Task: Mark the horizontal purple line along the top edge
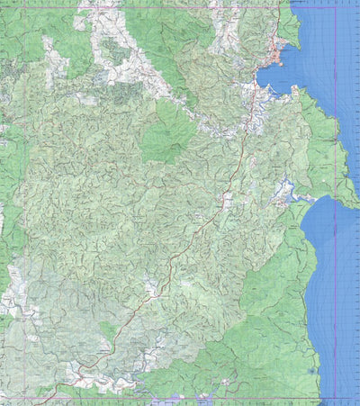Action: coord(180,8)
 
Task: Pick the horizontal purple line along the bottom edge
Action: coord(180,397)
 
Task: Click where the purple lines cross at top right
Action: coord(336,8)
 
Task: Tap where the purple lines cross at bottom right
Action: coord(336,397)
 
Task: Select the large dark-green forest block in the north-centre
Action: coord(168,131)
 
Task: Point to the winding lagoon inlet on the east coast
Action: coord(289,191)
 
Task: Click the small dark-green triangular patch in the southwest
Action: coord(108,331)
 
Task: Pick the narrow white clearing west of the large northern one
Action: coord(56,59)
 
